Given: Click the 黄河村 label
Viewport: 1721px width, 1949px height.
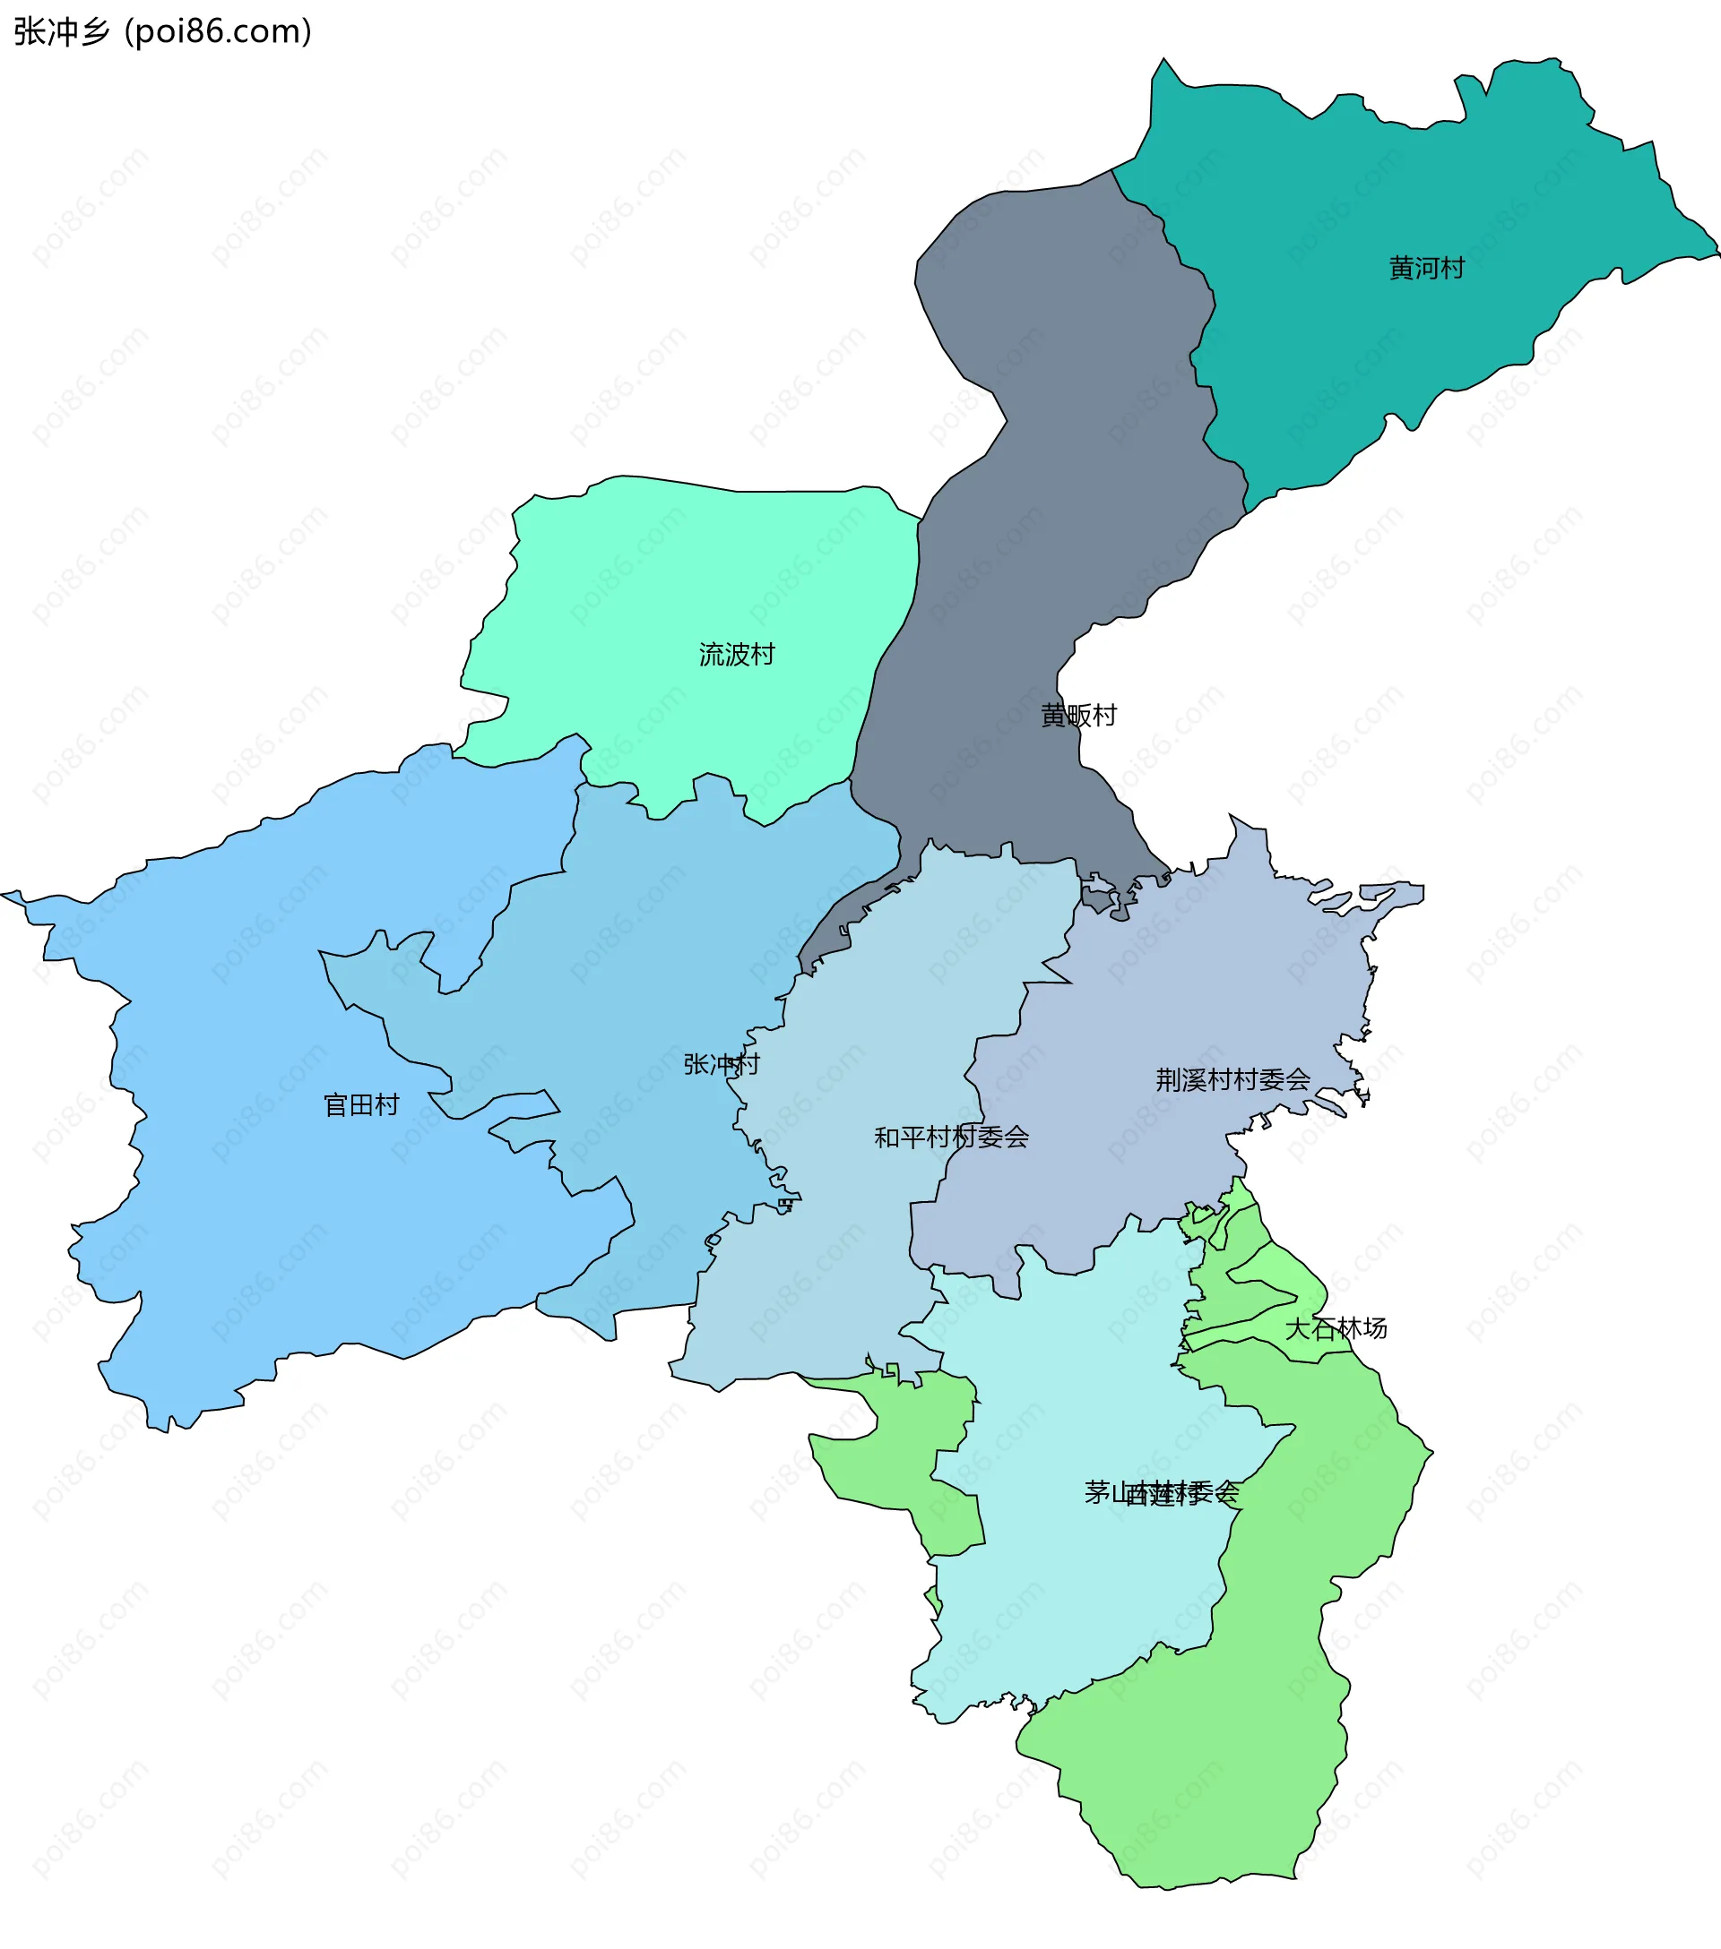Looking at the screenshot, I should pos(1426,268).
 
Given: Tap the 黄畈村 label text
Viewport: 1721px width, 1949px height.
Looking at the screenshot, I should pos(1078,715).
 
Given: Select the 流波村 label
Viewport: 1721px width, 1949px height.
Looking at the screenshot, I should pos(737,654).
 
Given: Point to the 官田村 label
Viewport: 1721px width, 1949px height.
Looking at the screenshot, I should pos(360,1105).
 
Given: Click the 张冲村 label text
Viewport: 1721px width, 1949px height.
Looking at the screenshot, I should pos(722,1064).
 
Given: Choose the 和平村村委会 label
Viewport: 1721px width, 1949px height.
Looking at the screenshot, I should pos(951,1137).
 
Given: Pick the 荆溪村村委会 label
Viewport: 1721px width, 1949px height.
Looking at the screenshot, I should pos(1232,1079).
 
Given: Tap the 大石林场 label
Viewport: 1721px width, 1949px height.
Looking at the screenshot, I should pos(1336,1328).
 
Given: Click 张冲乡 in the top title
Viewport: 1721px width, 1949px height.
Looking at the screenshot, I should pos(62,31).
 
